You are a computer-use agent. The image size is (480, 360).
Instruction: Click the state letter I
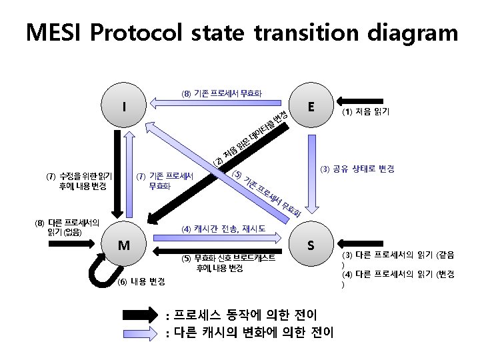(x=124, y=106)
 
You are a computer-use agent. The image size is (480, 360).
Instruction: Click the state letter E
(x=311, y=107)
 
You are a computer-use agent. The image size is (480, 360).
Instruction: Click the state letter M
(x=124, y=245)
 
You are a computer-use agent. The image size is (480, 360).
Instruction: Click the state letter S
(x=311, y=245)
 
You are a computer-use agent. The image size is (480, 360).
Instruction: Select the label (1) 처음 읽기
(x=366, y=113)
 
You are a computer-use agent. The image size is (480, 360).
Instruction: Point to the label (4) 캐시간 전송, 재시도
(x=224, y=228)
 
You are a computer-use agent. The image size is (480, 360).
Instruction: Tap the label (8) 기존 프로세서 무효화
(x=221, y=93)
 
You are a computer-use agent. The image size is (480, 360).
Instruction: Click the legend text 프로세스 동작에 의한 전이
(x=244, y=314)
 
